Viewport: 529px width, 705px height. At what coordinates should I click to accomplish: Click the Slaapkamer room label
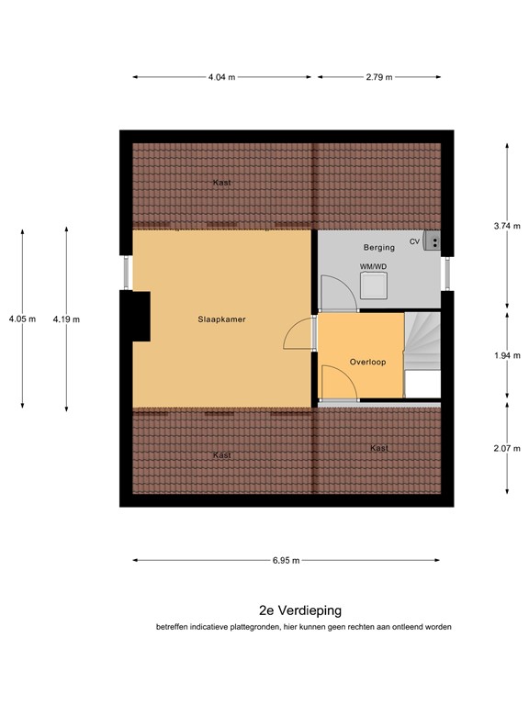[221, 319]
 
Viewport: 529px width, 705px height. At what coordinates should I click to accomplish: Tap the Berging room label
[378, 247]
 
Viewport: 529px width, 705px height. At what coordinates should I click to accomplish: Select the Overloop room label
[367, 362]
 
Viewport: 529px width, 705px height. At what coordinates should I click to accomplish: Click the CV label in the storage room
[414, 241]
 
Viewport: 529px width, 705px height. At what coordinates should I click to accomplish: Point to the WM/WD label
[373, 267]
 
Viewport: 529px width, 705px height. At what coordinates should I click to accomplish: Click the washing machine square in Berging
[374, 286]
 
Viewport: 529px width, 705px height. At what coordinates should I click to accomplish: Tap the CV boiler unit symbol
[433, 241]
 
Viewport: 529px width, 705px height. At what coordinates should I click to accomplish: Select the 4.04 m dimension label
[221, 77]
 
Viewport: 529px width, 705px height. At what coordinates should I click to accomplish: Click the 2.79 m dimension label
[378, 77]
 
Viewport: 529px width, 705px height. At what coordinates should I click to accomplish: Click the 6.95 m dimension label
[286, 559]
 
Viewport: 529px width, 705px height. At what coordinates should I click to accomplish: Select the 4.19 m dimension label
[66, 319]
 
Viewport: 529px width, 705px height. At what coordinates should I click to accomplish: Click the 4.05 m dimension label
[22, 319]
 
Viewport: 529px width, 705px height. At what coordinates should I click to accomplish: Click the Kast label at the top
[221, 183]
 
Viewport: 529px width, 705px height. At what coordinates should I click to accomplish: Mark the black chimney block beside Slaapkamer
[136, 316]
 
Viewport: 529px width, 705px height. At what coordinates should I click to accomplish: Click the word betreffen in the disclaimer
[174, 627]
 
